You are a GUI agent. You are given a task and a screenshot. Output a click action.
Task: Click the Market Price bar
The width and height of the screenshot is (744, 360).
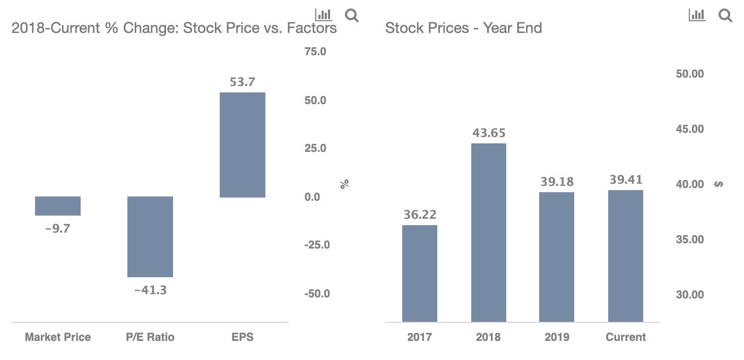tap(58, 206)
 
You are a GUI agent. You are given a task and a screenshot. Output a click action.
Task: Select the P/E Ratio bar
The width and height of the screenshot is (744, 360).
tap(150, 237)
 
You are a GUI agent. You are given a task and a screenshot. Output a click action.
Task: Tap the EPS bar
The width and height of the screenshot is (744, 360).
tap(242, 145)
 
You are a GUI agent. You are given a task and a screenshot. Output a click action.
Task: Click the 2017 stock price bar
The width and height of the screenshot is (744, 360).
tap(419, 273)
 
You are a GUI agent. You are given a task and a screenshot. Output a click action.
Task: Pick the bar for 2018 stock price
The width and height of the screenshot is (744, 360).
tap(488, 233)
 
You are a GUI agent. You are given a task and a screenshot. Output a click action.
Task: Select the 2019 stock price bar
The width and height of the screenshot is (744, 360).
tap(557, 257)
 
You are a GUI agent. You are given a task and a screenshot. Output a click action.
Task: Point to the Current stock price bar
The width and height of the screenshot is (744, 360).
tap(626, 256)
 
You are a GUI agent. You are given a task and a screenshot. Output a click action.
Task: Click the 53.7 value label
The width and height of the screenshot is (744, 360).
tap(242, 82)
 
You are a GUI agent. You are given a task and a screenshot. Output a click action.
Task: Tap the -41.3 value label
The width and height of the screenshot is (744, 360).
tap(150, 290)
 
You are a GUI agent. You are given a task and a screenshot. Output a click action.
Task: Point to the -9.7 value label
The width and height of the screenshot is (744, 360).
tap(58, 229)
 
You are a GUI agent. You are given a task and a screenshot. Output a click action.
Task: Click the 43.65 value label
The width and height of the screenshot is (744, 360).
tap(489, 133)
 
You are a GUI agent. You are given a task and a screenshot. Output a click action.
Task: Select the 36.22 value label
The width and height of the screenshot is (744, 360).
tap(419, 215)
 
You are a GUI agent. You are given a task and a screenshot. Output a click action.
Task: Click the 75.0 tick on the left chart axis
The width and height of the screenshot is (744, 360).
tap(315, 52)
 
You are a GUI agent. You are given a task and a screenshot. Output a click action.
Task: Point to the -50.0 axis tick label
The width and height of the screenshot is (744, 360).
tap(317, 294)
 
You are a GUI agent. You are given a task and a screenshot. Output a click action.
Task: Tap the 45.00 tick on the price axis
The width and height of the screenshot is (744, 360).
tap(690, 129)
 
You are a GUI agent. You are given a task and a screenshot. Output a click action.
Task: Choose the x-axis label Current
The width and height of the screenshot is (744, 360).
tap(626, 337)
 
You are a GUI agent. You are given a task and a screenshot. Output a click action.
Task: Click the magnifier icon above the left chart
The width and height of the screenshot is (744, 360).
tap(351, 15)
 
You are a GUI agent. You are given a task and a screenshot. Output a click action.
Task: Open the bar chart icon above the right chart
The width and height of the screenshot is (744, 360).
tap(697, 15)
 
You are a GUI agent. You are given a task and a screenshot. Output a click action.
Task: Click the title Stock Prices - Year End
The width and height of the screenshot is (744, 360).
tap(463, 28)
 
